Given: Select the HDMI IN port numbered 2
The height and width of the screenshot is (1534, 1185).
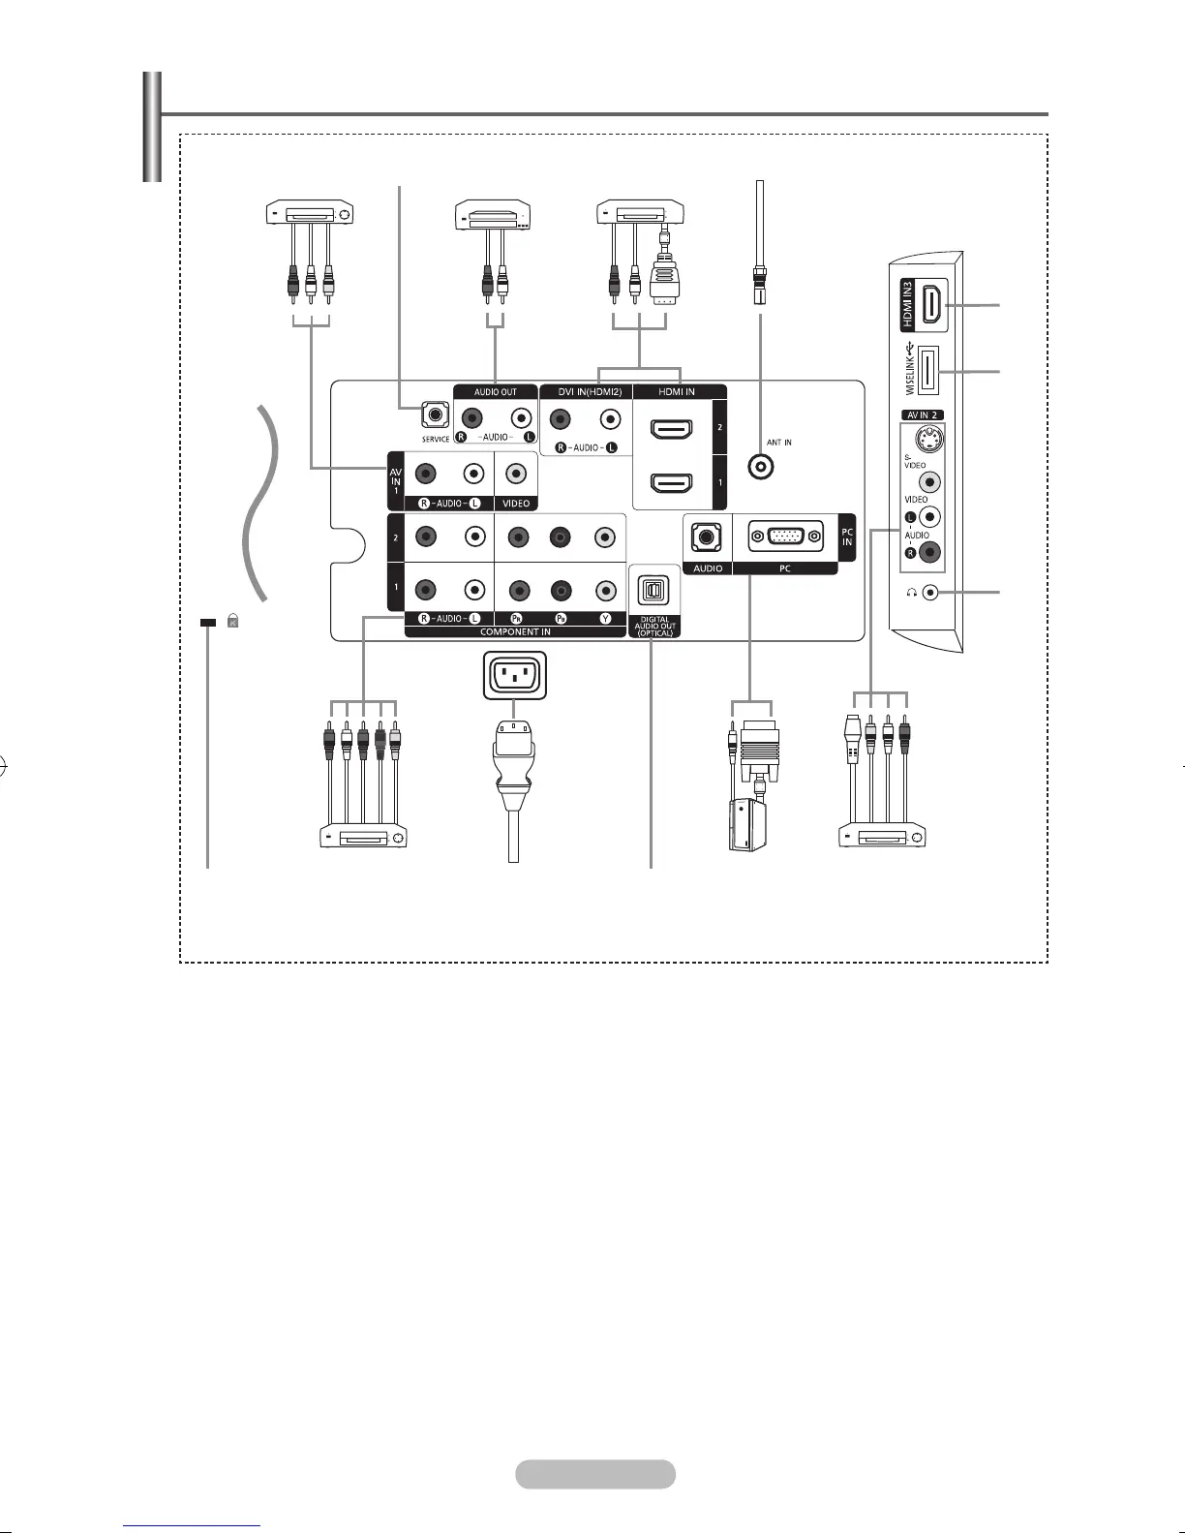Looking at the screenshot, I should [670, 427].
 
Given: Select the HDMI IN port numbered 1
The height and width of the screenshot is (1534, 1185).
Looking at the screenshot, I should [670, 481].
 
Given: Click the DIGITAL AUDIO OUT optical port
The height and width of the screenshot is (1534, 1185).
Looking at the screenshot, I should [654, 589].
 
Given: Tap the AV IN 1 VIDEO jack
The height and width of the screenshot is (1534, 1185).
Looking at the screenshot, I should [516, 474].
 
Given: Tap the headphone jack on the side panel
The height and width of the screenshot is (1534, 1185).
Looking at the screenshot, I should [931, 592].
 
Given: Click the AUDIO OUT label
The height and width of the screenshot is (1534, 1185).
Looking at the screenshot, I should [495, 392].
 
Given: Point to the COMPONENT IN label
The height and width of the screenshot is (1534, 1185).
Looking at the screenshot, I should [515, 631].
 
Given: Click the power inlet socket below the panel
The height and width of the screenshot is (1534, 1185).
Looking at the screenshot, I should [513, 674].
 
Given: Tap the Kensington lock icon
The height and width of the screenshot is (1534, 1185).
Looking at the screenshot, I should [232, 623].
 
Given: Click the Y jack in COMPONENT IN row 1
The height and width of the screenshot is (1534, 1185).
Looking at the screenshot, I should [605, 590].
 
